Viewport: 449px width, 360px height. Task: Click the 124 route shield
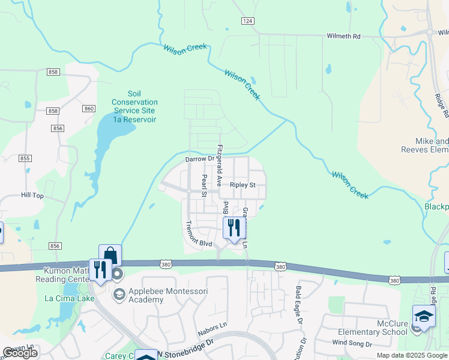[247, 21]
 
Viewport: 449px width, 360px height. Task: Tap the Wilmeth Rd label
[343, 37]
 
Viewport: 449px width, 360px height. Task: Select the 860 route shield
[89, 109]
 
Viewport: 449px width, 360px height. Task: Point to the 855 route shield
[25, 158]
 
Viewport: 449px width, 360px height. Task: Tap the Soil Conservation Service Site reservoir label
[134, 106]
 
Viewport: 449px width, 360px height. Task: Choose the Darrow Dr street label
[199, 160]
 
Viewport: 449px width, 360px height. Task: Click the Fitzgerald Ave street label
[220, 164]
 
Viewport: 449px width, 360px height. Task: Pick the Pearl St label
[204, 186]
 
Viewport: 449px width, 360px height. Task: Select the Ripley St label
[243, 185]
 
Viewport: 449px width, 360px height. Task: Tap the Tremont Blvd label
[199, 235]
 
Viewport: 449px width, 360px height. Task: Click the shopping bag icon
[110, 255]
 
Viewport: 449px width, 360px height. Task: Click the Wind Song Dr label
[352, 344]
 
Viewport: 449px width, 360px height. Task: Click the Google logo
[20, 353]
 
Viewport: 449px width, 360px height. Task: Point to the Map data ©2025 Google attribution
[412, 355]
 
